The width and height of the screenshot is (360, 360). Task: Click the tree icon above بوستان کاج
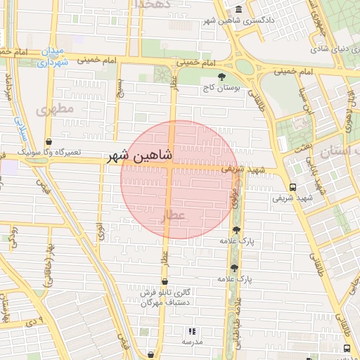(222, 75)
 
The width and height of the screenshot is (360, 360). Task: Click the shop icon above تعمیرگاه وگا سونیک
(49, 141)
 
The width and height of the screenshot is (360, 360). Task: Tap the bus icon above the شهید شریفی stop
(292, 187)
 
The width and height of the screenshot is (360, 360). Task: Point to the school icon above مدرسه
(191, 330)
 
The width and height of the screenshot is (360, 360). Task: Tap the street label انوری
(101, 229)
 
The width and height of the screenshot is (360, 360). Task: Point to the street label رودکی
(13, 235)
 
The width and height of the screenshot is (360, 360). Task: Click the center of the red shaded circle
(179, 179)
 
